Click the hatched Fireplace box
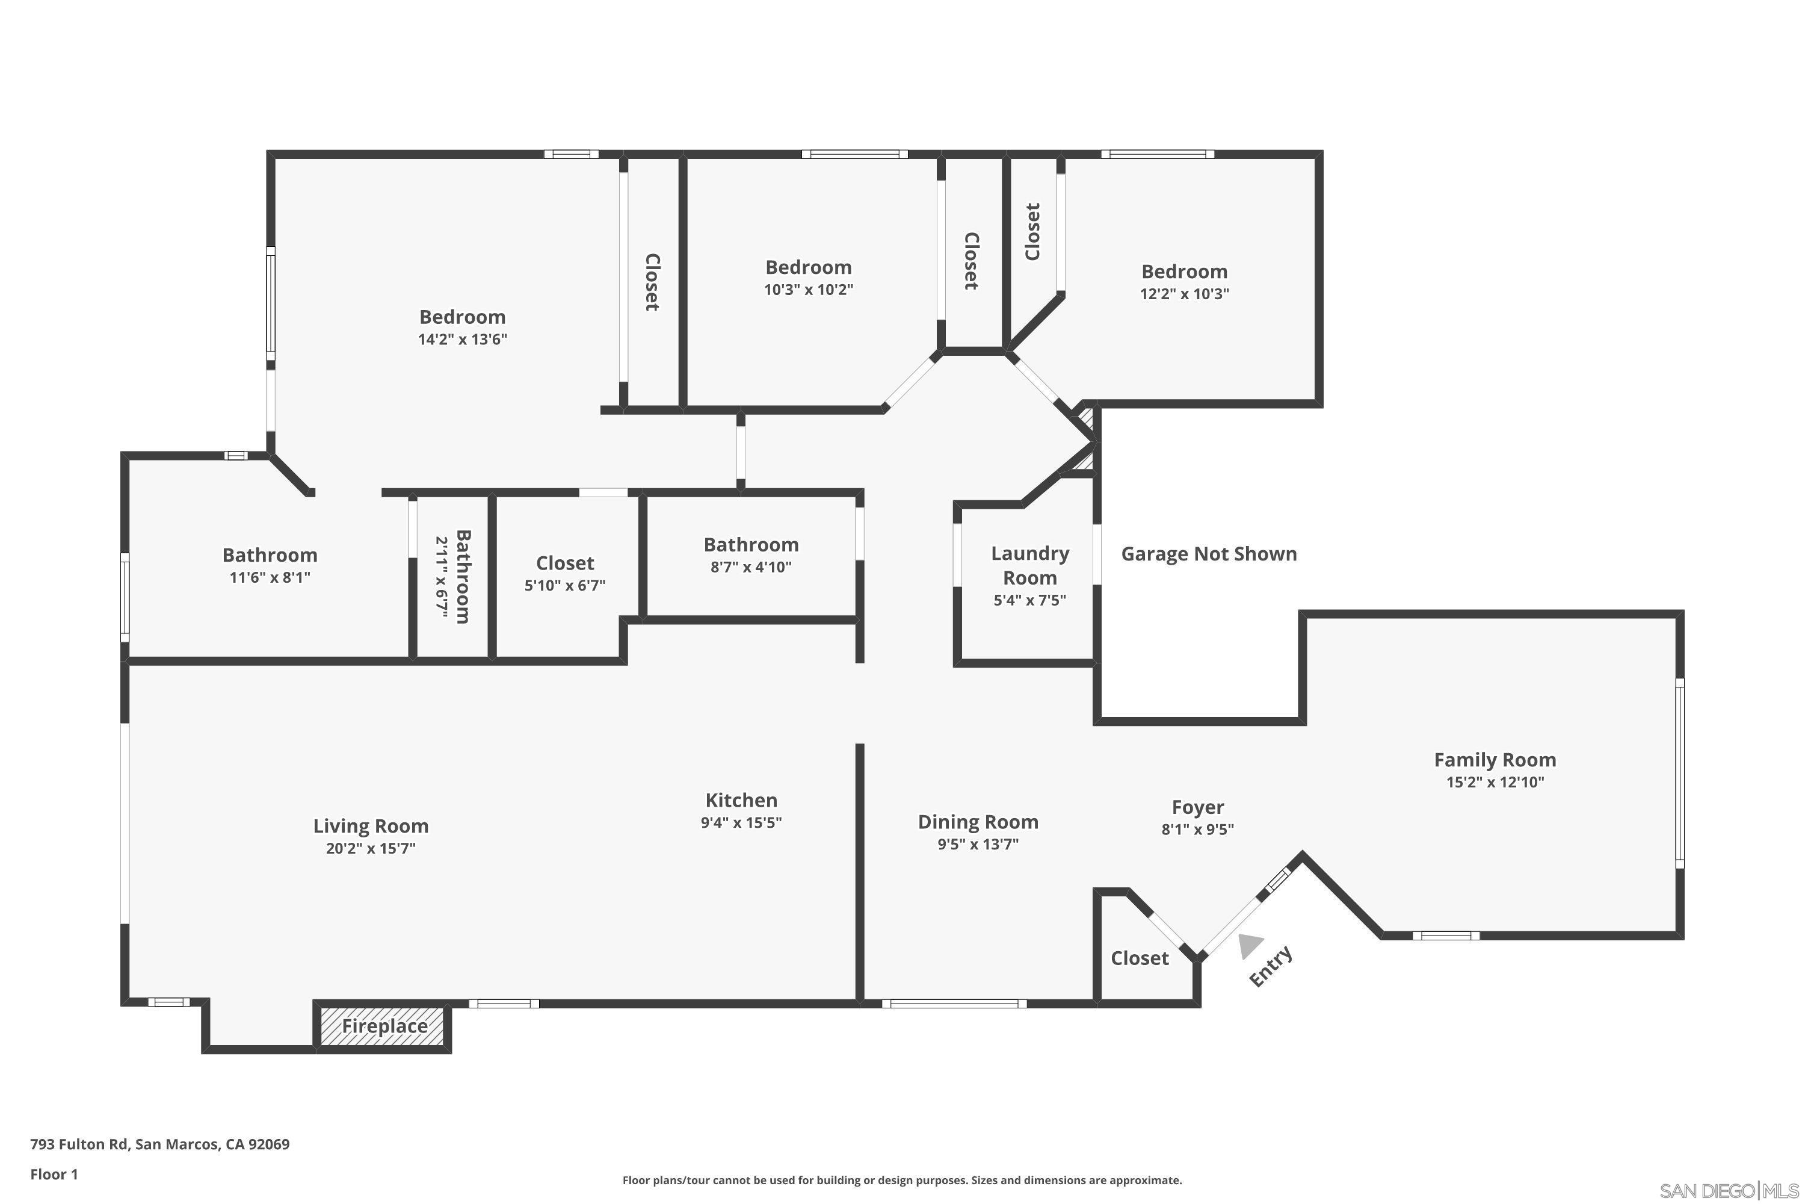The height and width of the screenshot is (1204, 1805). (x=384, y=1026)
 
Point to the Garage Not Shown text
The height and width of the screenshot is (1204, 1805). (x=1209, y=554)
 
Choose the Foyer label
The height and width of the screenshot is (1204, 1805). (x=1197, y=807)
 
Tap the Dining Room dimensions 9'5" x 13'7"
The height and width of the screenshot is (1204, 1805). (x=978, y=845)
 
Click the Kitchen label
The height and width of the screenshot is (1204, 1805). (x=741, y=800)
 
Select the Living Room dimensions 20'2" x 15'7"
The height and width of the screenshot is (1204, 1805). (x=371, y=848)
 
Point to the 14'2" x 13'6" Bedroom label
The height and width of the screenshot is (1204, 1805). (x=462, y=317)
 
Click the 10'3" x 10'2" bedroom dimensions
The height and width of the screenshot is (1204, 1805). (x=808, y=290)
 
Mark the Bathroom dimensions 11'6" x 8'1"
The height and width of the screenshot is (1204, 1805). (x=270, y=577)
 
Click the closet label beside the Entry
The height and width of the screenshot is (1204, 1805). (x=1140, y=958)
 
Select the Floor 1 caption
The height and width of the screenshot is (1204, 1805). (x=54, y=1174)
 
